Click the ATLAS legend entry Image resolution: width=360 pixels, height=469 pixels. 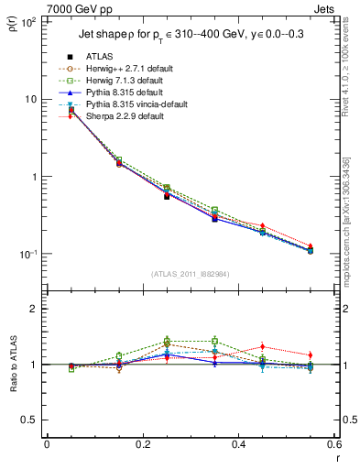point(99,57)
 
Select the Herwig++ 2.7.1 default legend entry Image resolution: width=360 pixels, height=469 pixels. point(125,69)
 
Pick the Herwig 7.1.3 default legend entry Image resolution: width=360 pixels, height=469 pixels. point(124,81)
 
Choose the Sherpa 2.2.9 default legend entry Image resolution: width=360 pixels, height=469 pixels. point(122,116)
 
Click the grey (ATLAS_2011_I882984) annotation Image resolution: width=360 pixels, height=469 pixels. point(191,275)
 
